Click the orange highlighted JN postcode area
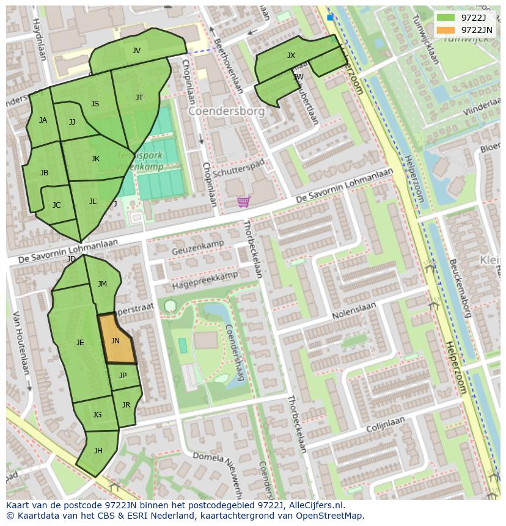(x=116, y=340)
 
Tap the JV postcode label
(x=136, y=51)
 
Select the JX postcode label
(x=291, y=56)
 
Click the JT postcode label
(x=139, y=98)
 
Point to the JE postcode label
(x=80, y=343)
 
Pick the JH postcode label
(x=98, y=451)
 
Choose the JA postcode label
(x=43, y=120)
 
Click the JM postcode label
(x=102, y=283)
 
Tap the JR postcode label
(x=126, y=405)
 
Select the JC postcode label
(x=56, y=205)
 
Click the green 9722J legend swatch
(x=446, y=18)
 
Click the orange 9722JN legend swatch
(x=446, y=30)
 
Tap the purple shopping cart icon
(x=243, y=202)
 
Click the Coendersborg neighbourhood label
(x=226, y=112)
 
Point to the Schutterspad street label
(x=239, y=164)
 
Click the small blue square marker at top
(x=331, y=18)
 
